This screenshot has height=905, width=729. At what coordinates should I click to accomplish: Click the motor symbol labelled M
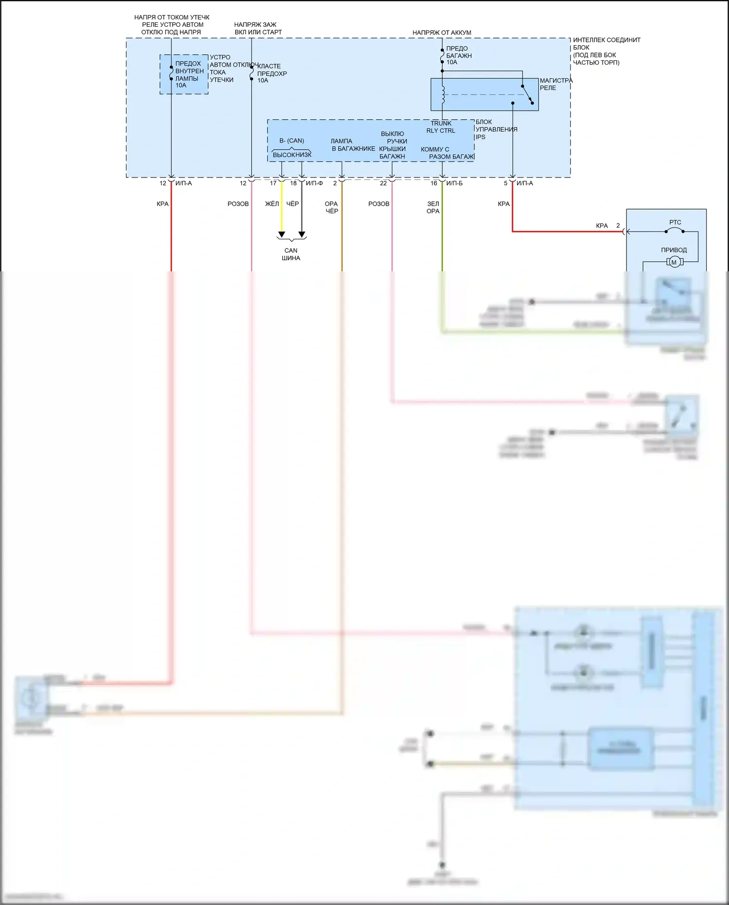674,262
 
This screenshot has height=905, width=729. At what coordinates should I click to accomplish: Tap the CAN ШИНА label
291,254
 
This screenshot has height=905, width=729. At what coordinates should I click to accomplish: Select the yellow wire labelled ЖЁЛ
281,214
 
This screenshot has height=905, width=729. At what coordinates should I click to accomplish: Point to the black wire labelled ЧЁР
302,214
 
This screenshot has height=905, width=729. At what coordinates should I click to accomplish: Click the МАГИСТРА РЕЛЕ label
555,84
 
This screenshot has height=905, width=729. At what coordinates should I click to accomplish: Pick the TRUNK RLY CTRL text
441,127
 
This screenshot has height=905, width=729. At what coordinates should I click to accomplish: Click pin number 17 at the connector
273,183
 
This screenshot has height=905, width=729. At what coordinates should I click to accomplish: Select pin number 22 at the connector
383,183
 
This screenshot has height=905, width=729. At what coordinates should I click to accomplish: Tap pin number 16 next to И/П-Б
434,183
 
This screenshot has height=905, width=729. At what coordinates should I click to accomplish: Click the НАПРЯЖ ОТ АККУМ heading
442,33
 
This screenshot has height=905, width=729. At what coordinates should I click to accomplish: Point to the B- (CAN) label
292,141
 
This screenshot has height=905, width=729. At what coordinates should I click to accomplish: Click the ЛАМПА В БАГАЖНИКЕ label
353,145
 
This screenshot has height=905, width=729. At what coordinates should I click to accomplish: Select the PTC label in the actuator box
675,222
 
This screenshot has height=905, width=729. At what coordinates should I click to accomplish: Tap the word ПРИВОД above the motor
674,250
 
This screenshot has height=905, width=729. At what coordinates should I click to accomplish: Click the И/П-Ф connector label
314,183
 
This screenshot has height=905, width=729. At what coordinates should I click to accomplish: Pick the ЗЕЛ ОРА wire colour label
433,208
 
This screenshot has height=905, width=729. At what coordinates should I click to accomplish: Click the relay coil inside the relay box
443,94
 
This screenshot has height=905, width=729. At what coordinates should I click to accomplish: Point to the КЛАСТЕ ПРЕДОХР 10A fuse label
272,73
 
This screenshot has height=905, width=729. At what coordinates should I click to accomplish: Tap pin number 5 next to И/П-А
505,183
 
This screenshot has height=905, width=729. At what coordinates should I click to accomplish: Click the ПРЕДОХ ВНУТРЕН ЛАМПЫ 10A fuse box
184,74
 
